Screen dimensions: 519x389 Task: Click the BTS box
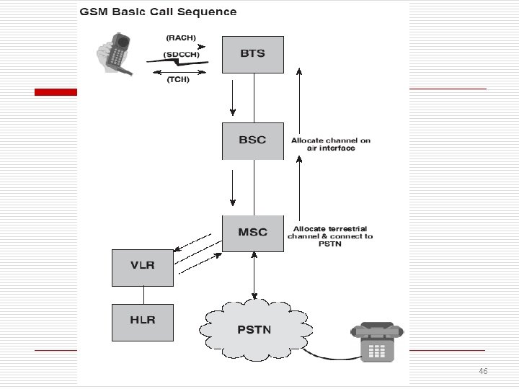click(253, 55)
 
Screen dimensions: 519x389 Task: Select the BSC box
click(253, 141)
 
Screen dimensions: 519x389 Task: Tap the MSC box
click(253, 233)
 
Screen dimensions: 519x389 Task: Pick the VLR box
click(143, 268)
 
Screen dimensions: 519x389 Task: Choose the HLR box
click(143, 323)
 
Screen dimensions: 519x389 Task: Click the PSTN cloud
click(256, 330)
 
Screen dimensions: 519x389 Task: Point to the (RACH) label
click(181, 38)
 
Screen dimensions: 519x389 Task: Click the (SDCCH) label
click(182, 55)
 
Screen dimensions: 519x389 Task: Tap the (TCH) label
click(178, 80)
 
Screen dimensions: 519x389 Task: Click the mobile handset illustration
click(115, 54)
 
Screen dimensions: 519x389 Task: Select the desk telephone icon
click(377, 342)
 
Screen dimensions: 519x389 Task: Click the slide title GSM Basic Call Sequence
click(158, 12)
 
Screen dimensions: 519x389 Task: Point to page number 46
click(483, 371)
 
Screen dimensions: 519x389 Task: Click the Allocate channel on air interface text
click(331, 144)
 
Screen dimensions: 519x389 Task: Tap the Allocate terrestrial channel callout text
click(330, 236)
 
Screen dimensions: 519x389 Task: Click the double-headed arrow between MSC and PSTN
click(254, 275)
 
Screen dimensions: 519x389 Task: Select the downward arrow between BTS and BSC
click(233, 98)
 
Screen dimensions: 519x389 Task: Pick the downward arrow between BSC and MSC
click(233, 188)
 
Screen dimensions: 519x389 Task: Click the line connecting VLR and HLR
click(143, 295)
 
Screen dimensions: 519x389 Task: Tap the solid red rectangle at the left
click(56, 92)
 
